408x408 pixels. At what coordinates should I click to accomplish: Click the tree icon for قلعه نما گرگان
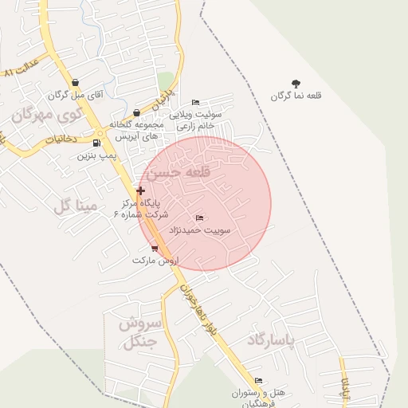296,83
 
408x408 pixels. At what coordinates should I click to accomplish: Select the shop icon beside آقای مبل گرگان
75,82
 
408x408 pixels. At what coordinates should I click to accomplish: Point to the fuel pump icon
96,143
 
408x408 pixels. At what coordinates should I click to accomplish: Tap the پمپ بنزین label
92,156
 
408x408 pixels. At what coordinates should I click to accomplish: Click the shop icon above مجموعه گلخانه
137,112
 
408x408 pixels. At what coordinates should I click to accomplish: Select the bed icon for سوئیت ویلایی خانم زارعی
195,102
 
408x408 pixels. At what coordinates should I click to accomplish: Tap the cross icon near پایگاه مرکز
141,190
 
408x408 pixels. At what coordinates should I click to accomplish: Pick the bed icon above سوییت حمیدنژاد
199,218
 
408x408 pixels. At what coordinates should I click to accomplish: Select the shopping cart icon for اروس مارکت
154,249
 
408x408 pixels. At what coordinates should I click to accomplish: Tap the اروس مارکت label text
155,261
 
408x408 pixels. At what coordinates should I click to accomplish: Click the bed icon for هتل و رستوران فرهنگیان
257,381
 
